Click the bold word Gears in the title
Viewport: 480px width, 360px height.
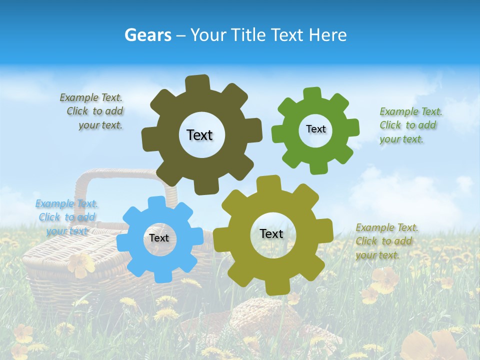[x=147, y=35]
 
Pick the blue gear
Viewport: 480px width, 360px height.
[x=135, y=255]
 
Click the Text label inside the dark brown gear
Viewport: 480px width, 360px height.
[x=199, y=135]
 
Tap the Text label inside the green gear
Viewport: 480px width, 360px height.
[x=315, y=129]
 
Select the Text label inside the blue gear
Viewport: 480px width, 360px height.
[x=159, y=238]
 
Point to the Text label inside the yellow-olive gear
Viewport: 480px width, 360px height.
[x=271, y=233]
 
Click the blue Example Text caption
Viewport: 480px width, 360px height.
[x=66, y=217]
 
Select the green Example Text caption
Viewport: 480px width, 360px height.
[x=410, y=125]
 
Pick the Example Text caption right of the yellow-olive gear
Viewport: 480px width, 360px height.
[x=386, y=241]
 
